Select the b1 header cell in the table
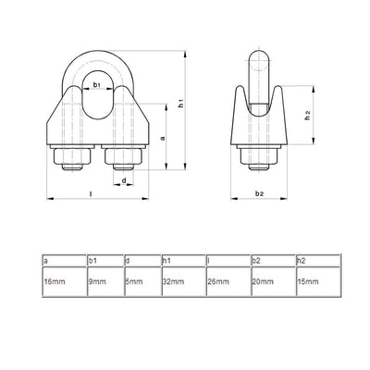pyautogui.click(x=105, y=261)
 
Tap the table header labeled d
pyautogui.click(x=142, y=261)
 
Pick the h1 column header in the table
pyautogui.click(x=181, y=261)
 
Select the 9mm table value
pyautogui.click(x=105, y=278)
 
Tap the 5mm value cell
pyautogui.click(x=142, y=278)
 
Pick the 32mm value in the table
pyautogui.click(x=181, y=278)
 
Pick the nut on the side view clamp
pyautogui.click(x=260, y=157)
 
